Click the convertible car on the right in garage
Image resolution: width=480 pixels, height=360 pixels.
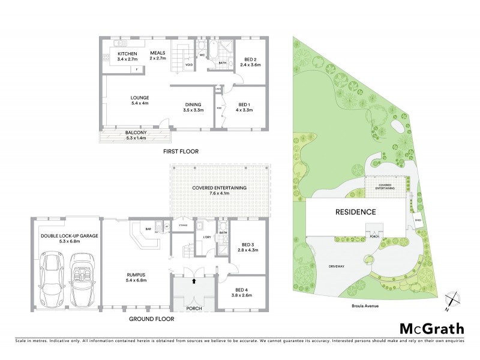82,278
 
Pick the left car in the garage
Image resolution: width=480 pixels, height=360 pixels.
49,278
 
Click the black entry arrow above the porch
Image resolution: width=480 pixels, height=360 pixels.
194,280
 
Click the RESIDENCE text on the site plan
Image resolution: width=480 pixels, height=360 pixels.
355,212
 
